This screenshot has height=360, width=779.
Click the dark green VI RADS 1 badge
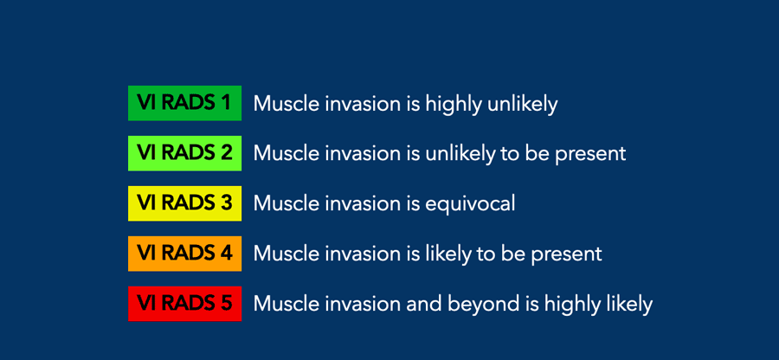tap(185, 103)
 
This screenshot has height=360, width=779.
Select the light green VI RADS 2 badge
tap(185, 153)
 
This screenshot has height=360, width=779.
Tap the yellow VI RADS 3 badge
tap(185, 203)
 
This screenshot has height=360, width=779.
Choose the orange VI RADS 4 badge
tap(185, 254)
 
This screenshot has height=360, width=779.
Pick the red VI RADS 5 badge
tap(185, 304)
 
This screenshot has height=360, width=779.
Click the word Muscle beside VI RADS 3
tap(285, 203)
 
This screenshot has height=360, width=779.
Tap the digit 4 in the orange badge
tap(226, 254)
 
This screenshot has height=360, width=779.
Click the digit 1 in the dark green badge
tap(226, 103)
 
